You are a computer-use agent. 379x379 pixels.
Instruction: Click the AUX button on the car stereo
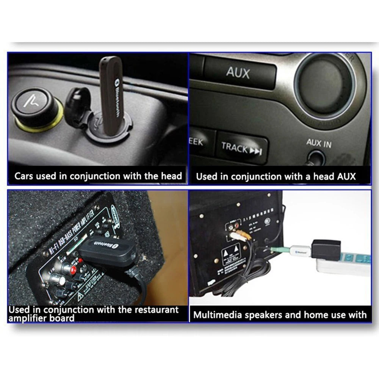tap(238, 72)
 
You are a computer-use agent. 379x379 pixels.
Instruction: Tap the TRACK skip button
tap(242, 148)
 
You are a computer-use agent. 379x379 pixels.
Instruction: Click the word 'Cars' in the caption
tap(25, 176)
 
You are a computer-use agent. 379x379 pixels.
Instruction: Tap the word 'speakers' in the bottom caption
tap(264, 315)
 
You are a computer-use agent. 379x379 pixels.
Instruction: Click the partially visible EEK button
tap(196, 143)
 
